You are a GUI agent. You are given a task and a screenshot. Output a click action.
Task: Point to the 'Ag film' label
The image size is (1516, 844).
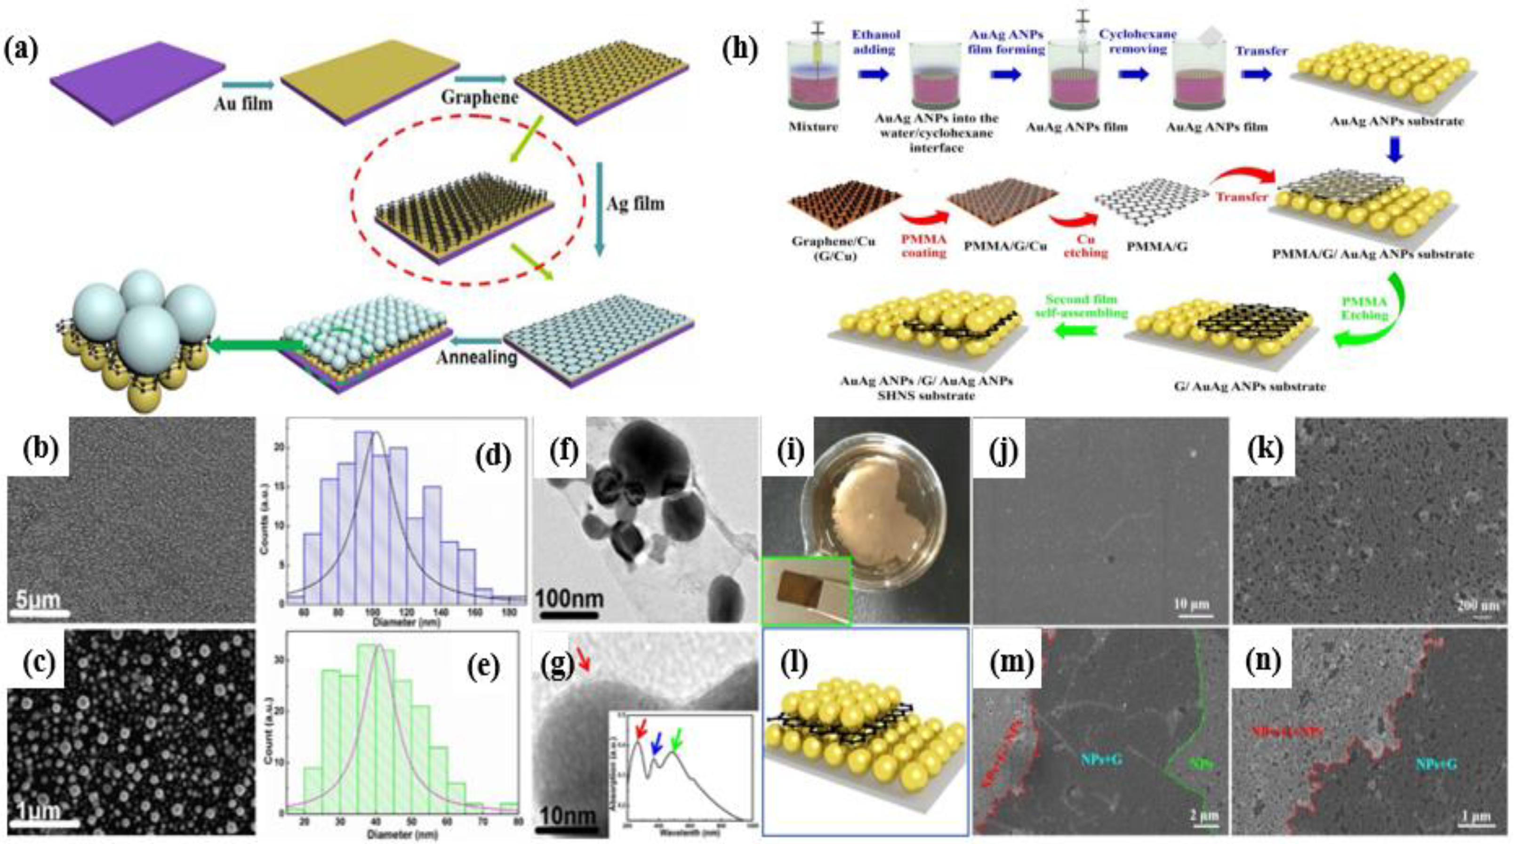[x=635, y=204]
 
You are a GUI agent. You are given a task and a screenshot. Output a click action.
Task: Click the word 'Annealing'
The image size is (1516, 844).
[x=476, y=357]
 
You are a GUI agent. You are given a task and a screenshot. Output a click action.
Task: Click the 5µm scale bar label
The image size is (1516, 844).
[x=38, y=600]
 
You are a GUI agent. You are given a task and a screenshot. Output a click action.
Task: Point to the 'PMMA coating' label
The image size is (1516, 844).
[x=923, y=247]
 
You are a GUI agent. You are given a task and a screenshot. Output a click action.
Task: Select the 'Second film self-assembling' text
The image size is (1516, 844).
[x=1081, y=306]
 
